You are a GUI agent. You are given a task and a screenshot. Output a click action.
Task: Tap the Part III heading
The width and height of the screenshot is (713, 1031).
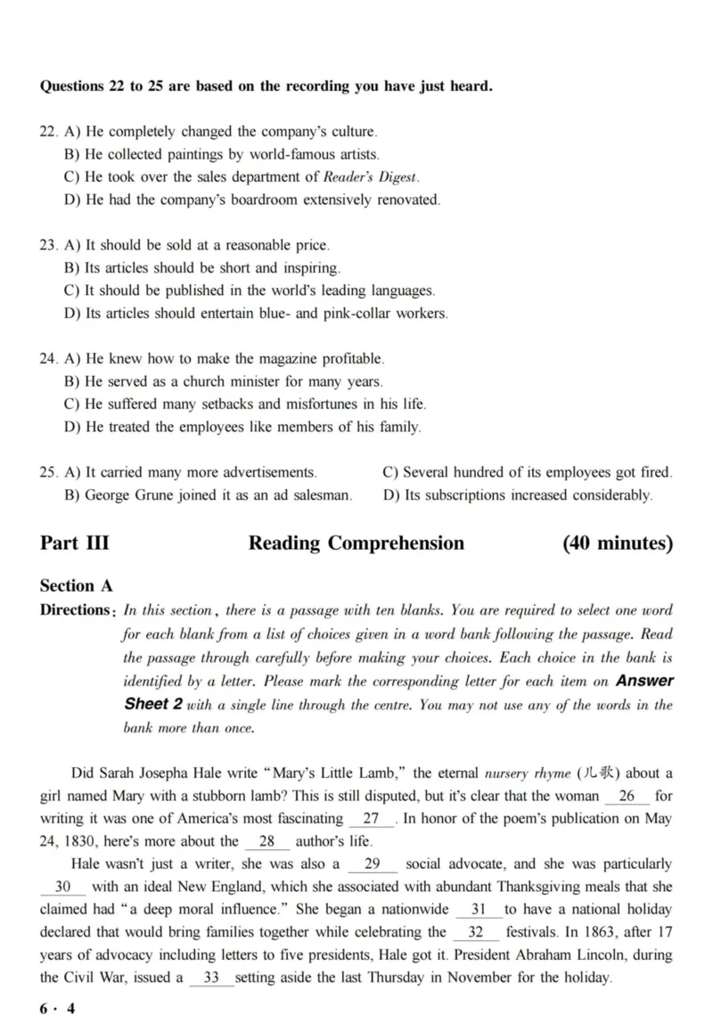pos(75,543)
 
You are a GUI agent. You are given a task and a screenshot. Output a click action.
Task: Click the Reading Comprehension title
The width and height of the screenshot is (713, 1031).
pos(356,543)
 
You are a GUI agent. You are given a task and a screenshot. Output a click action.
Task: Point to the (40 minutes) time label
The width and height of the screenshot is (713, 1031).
pos(617,543)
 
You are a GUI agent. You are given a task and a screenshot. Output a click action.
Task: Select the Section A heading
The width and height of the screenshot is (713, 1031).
pos(76,585)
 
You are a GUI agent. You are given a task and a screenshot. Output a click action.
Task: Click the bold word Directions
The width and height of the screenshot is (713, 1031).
pos(75,610)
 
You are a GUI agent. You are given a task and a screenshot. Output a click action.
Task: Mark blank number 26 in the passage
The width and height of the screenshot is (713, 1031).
pos(627,796)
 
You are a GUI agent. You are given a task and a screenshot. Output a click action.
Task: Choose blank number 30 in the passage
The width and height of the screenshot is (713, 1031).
pos(63,887)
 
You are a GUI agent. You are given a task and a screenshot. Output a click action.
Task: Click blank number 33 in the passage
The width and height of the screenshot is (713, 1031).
pos(211,978)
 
